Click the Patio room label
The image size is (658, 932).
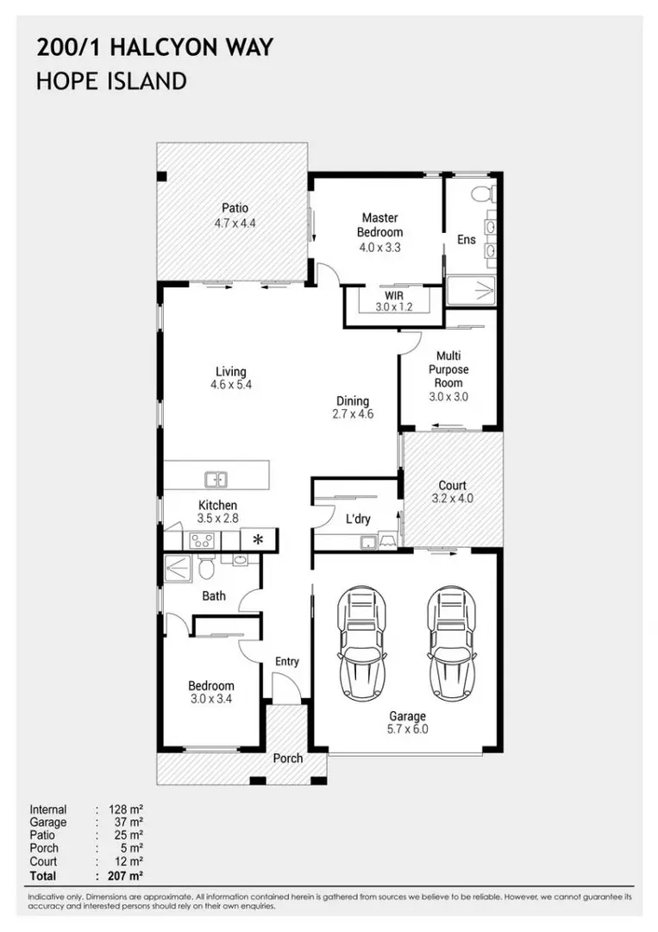[235, 208]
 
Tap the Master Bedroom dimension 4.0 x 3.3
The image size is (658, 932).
[379, 247]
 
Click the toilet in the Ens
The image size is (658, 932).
[483, 189]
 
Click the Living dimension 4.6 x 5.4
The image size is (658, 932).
[230, 385]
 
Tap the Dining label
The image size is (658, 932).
[352, 400]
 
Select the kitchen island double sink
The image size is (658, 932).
[215, 478]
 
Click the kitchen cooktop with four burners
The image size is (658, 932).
[202, 541]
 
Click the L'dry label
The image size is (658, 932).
[357, 520]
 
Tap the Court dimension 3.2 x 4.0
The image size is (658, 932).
[452, 499]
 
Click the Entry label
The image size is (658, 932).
[286, 661]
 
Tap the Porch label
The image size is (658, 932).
[287, 758]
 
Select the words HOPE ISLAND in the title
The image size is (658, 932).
[111, 82]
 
